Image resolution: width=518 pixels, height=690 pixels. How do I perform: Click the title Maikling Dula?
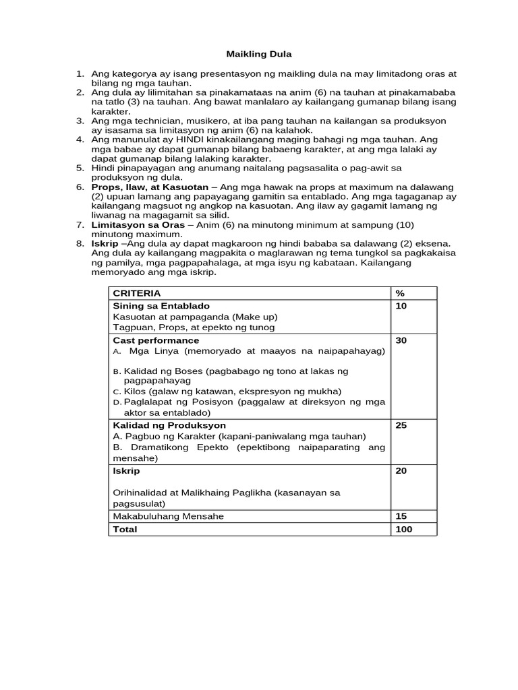[x=258, y=53]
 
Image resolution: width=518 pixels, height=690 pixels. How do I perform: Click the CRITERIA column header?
[x=137, y=293]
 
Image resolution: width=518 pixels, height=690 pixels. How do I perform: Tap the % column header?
[x=399, y=293]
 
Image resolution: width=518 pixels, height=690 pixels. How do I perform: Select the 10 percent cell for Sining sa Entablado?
[x=401, y=306]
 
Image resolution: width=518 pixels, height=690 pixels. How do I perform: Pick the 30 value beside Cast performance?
[x=401, y=341]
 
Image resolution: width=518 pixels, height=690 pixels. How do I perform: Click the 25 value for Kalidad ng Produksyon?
[x=401, y=426]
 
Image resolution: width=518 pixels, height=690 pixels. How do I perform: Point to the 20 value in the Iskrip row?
[x=401, y=471]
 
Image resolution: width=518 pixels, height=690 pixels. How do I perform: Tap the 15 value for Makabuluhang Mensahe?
[x=401, y=516]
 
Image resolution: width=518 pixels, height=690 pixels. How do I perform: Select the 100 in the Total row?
[x=403, y=530]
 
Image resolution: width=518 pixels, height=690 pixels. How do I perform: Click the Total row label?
[x=125, y=530]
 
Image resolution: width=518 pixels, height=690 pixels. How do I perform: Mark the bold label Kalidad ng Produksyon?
[x=169, y=426]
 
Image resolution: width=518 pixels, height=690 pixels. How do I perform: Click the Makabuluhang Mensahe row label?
[x=168, y=516]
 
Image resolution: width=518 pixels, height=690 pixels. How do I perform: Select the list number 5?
[x=79, y=168]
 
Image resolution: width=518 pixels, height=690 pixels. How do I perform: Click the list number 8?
[x=79, y=243]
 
